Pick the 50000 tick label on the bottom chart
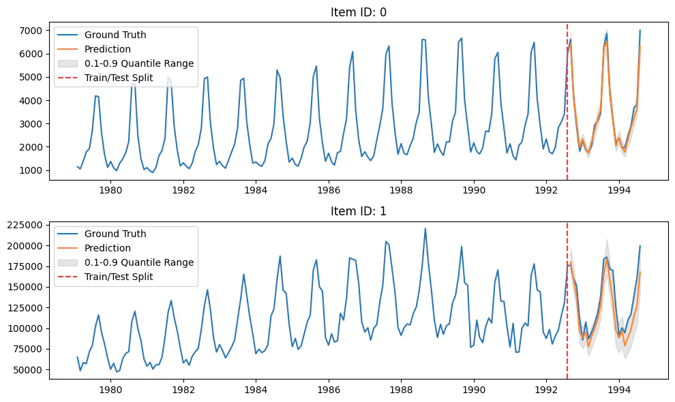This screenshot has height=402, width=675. coord(27,370)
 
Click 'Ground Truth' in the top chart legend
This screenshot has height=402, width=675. coord(115,35)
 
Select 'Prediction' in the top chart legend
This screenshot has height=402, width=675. coord(108,49)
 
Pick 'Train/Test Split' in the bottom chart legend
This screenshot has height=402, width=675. coord(119,277)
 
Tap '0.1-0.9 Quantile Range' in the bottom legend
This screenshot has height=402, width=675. coord(139,262)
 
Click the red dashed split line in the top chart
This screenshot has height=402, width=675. coord(567,102)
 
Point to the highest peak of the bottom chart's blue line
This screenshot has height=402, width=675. coord(425,229)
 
